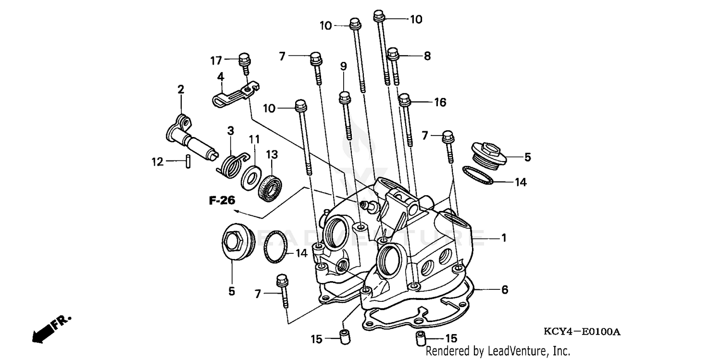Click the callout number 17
(x=216, y=61)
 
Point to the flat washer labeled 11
(x=250, y=175)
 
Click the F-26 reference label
(x=222, y=200)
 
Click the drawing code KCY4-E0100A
(x=582, y=332)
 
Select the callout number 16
(x=440, y=102)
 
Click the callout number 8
(x=426, y=56)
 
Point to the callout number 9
(x=343, y=66)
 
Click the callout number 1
(x=504, y=238)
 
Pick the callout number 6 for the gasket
(x=504, y=290)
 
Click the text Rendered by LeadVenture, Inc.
(x=498, y=351)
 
